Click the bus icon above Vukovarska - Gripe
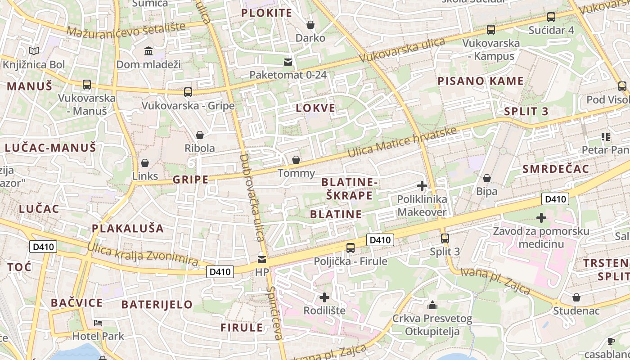click(188, 92)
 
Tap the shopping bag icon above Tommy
click(296, 160)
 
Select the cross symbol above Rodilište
click(324, 297)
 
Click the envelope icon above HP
click(261, 260)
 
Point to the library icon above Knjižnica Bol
click(34, 51)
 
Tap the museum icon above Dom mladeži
click(148, 51)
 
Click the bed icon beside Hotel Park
click(98, 323)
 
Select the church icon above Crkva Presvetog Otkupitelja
click(432, 306)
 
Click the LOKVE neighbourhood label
click(315, 108)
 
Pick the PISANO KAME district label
click(481, 81)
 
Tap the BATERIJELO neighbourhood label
click(157, 304)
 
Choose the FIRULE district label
click(242, 328)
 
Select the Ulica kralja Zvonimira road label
click(143, 255)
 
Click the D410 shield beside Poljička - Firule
click(380, 240)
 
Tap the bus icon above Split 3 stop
click(445, 238)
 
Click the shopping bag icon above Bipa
click(486, 179)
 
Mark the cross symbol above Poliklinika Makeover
click(422, 185)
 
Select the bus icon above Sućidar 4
click(551, 17)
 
